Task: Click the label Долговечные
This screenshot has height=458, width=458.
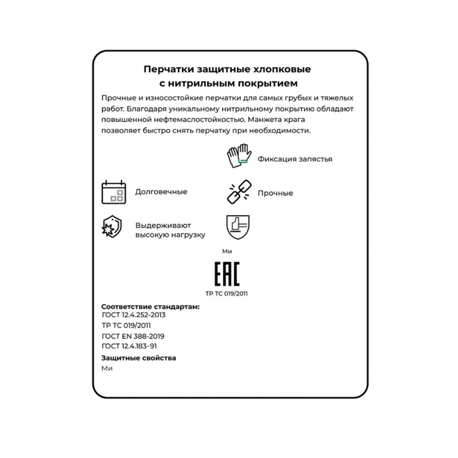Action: (161, 192)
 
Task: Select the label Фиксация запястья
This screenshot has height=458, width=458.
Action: (295, 159)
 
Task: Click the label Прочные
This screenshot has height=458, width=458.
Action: (275, 193)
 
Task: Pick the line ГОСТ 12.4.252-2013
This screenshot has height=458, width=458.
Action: (133, 315)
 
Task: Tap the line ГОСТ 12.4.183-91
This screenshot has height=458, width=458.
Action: (129, 346)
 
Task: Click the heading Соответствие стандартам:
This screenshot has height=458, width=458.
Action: (150, 307)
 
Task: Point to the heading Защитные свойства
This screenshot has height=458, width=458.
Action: (139, 358)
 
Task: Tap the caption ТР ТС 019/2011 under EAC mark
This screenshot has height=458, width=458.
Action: (227, 294)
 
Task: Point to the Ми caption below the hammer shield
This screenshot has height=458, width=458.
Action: (227, 251)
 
